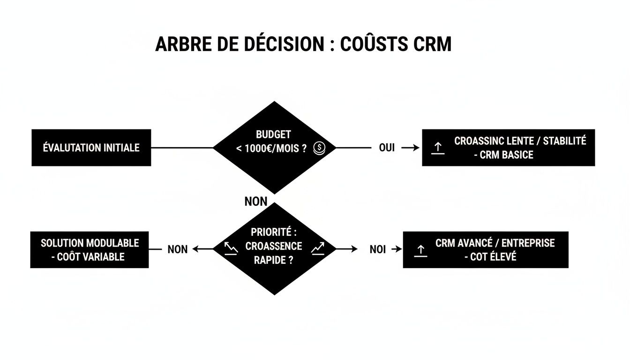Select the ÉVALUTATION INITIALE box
pos(91,148)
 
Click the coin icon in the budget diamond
pos(318,148)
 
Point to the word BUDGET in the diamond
pos(273,135)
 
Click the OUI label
pos(387,148)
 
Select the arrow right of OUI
pos(410,148)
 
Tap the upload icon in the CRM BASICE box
pos(437,148)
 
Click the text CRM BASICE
pos(506,155)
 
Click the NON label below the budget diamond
pos(256,202)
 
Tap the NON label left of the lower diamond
pos(178,249)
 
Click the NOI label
pos(377,249)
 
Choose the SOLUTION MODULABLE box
pos(90,249)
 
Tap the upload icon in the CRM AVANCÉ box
pos(421,250)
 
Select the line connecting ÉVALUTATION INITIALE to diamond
pos(182,148)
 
